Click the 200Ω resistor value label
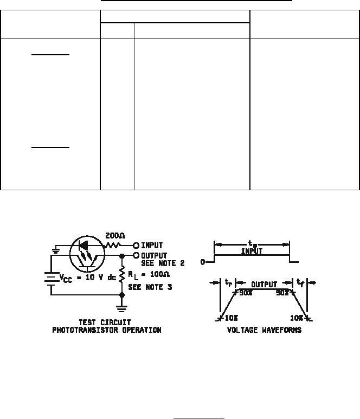point(115,236)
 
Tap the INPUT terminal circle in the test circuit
point(136,246)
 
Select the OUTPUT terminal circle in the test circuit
point(136,255)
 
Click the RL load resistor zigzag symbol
point(122,274)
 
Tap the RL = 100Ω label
point(149,275)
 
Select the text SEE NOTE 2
point(163,263)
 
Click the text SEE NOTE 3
point(150,287)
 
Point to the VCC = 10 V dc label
point(88,278)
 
